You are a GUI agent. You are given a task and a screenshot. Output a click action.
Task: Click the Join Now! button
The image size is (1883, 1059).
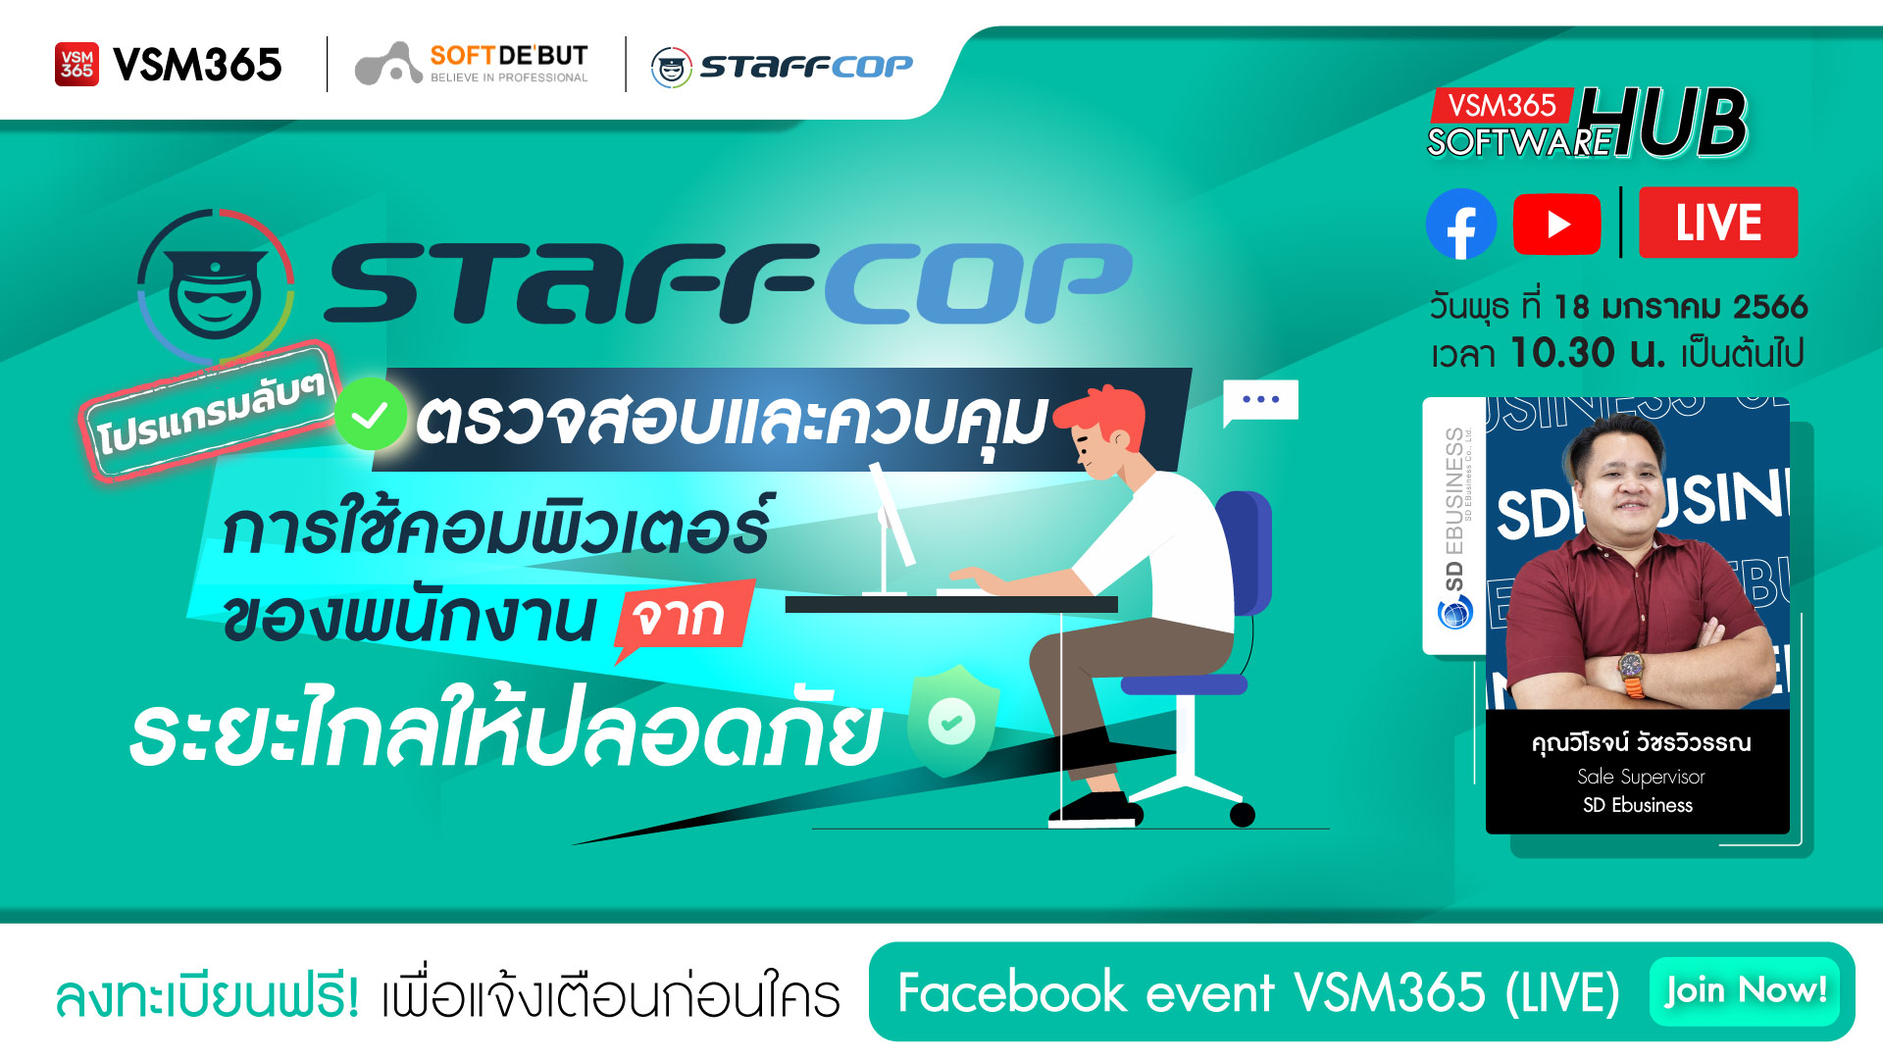[x=1744, y=990]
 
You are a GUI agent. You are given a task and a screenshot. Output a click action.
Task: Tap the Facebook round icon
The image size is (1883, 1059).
[x=1460, y=224]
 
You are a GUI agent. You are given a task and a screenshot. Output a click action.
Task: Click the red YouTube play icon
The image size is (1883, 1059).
[x=1556, y=224]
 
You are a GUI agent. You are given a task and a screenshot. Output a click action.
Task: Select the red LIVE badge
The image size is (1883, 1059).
[x=1717, y=223]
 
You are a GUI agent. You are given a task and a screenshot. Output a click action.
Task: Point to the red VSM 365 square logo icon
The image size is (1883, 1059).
[x=76, y=65]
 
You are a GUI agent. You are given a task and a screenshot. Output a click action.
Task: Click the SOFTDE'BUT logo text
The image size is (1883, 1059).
[x=508, y=57]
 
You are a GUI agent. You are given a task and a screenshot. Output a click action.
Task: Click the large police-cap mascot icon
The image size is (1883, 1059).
[x=216, y=285]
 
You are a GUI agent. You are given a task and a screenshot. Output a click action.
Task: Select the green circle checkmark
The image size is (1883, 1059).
[x=371, y=415]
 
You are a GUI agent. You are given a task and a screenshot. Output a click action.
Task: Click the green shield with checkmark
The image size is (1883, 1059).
[x=952, y=721]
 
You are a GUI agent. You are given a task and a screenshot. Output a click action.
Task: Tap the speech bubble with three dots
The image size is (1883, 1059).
[x=1260, y=401]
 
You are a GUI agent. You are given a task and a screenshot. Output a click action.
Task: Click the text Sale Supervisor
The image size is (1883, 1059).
[x=1641, y=777]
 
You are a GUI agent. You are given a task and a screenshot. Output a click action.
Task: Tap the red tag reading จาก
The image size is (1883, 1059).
[x=683, y=617]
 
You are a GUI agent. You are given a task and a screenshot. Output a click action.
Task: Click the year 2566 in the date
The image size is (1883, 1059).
[x=1770, y=307]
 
